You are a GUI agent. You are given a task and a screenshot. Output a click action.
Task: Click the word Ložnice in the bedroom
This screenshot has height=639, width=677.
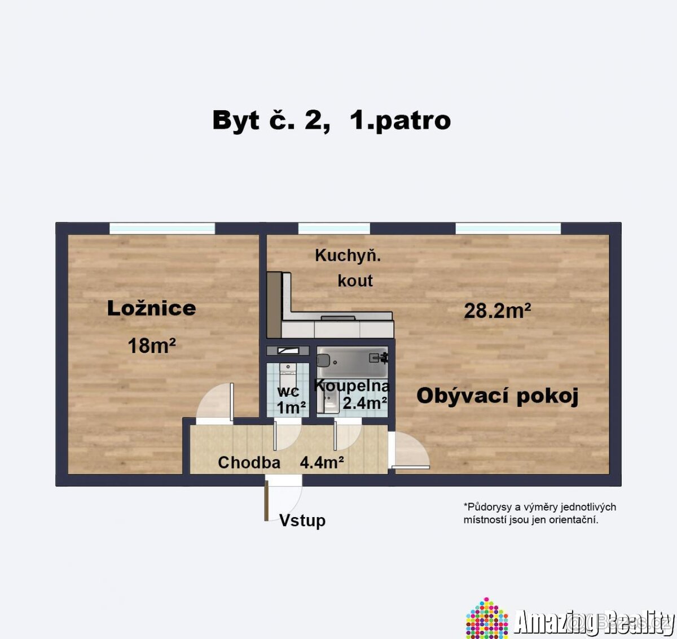click(x=151, y=308)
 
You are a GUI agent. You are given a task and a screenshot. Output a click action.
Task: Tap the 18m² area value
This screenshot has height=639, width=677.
click(x=151, y=345)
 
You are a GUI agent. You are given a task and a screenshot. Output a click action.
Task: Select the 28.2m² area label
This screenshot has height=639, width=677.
click(x=497, y=310)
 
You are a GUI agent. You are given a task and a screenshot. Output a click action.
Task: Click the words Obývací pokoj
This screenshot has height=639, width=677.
click(x=497, y=396)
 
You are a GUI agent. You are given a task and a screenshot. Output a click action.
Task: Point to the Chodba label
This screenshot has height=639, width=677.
click(x=249, y=463)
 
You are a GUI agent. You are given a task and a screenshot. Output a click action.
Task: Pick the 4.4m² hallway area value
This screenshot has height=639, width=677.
click(x=322, y=463)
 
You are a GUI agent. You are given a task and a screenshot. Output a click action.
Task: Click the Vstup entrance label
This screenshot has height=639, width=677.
click(x=302, y=520)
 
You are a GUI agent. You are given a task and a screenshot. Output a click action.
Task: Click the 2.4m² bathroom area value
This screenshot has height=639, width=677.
click(x=364, y=403)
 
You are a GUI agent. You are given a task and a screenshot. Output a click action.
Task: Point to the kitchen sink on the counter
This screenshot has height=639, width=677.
click(x=338, y=318)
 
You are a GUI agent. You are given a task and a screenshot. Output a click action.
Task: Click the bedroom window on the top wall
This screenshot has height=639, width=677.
click(x=162, y=228)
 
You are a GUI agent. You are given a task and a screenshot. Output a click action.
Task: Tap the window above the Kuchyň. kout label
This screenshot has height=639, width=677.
click(x=333, y=228)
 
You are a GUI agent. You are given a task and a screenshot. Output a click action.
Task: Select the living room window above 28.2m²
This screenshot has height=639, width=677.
click(x=508, y=228)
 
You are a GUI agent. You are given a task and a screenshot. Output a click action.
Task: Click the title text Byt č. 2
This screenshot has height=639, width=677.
click(x=271, y=121)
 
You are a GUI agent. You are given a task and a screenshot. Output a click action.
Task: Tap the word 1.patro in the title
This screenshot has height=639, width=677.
click(x=400, y=121)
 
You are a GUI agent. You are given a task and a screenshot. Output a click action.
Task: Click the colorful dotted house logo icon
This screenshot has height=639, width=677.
click(x=486, y=619)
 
